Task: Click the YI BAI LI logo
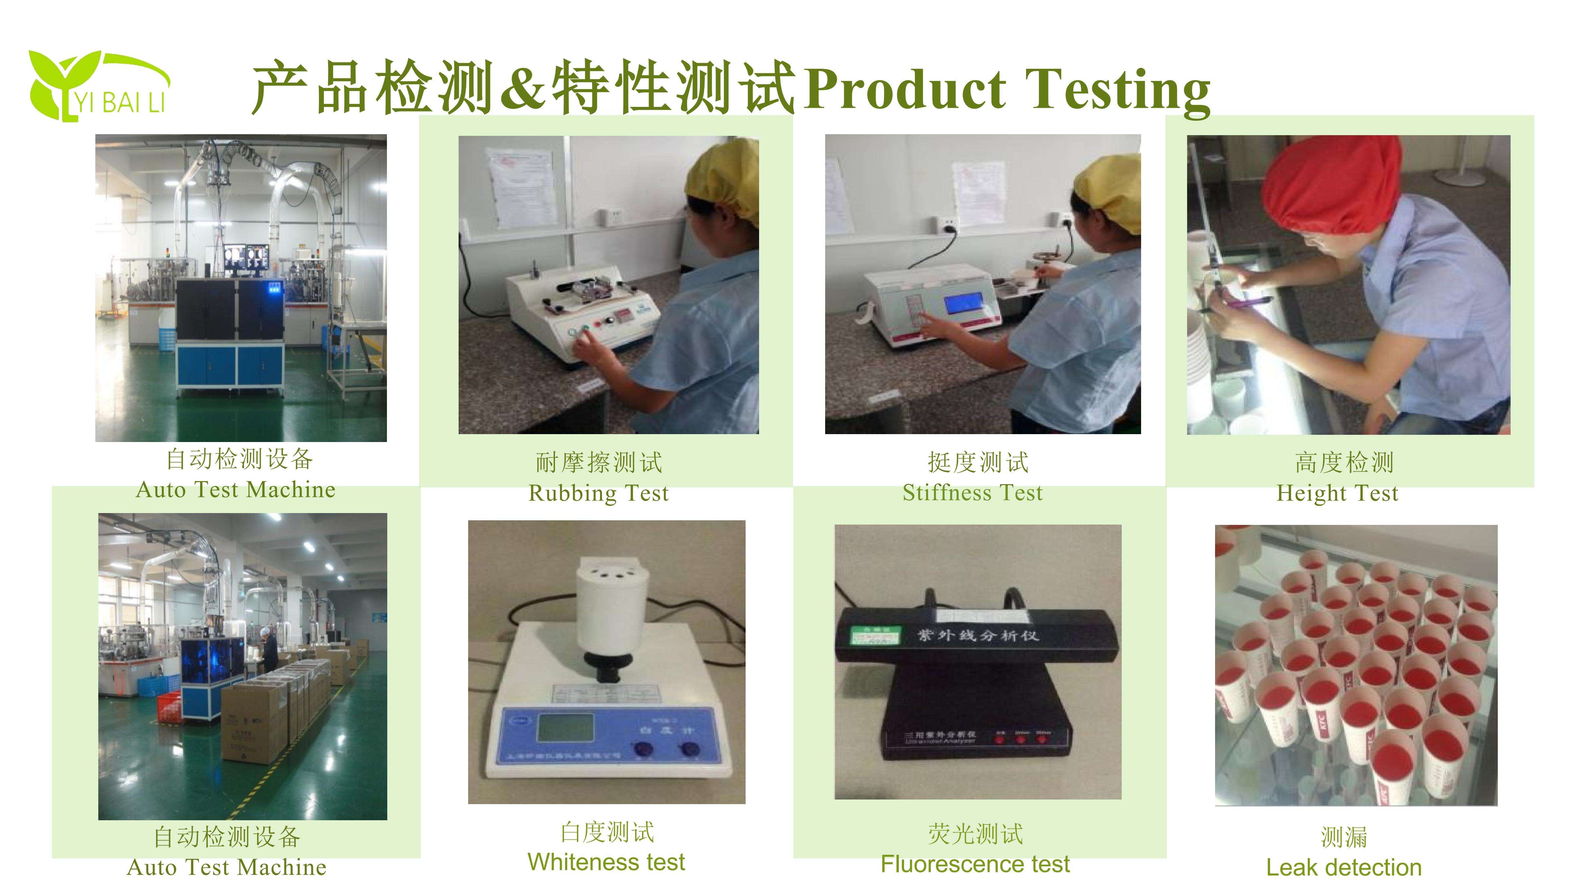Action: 98,86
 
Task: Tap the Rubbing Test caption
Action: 598,493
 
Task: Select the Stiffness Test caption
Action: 972,493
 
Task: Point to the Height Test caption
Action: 1337,493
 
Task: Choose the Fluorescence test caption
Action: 975,864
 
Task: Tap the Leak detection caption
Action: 1343,867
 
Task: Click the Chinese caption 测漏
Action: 1343,836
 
